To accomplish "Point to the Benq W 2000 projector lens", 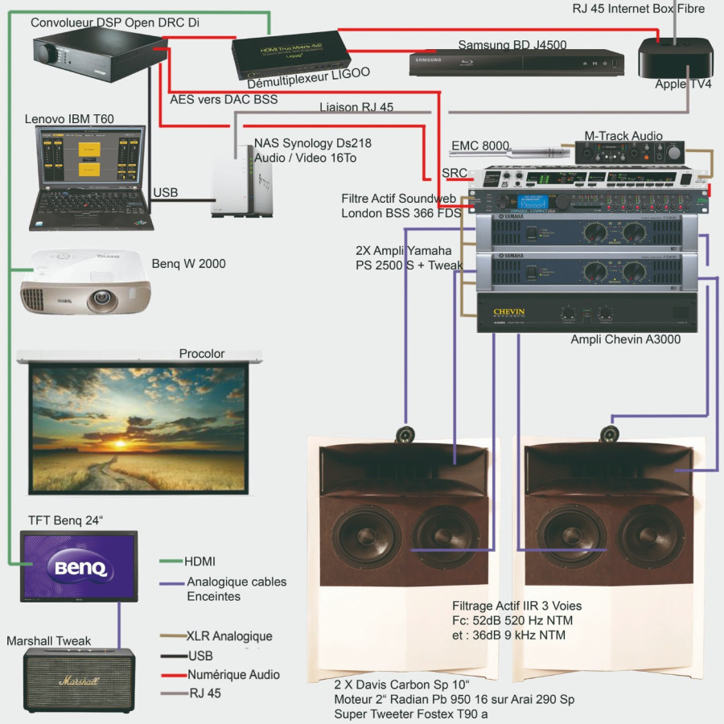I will pyautogui.click(x=104, y=301).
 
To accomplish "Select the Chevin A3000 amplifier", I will pyautogui.click(x=585, y=313).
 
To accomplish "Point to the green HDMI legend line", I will pyautogui.click(x=171, y=561).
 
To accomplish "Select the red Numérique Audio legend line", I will pyautogui.click(x=171, y=675).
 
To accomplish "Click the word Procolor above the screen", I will pyautogui.click(x=201, y=354).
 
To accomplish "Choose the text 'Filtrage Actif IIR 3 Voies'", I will pyautogui.click(x=516, y=606).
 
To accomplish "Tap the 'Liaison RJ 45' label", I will pyautogui.click(x=356, y=107).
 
